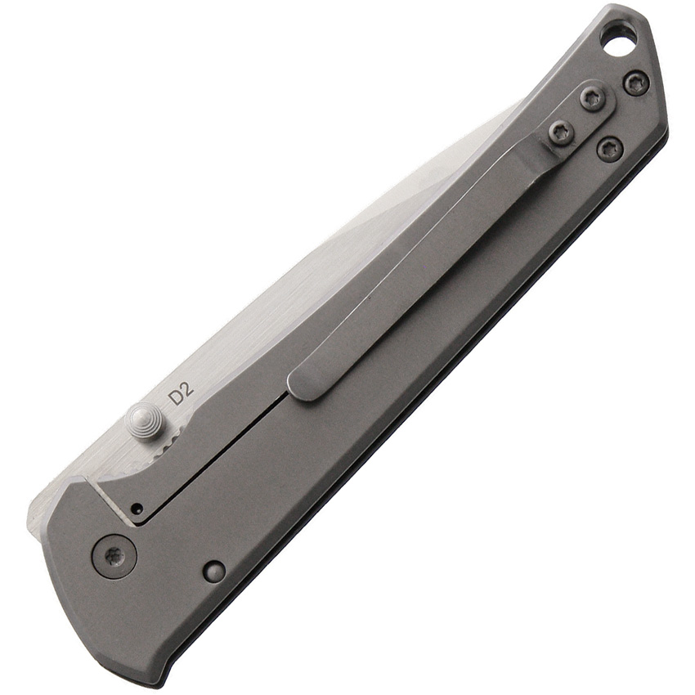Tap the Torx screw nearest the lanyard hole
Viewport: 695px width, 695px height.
click(636, 83)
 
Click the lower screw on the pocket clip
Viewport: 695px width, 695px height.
click(561, 132)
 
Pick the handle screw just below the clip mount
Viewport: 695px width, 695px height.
click(610, 150)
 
